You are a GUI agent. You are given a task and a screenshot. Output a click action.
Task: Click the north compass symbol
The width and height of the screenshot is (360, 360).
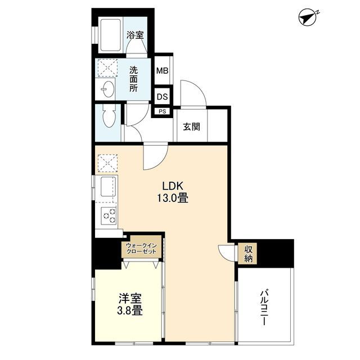(x=308, y=17)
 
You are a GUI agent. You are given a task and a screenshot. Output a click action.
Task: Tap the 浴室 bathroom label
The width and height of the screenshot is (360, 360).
(x=135, y=35)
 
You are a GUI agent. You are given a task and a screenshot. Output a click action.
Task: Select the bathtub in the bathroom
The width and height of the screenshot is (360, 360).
(x=110, y=35)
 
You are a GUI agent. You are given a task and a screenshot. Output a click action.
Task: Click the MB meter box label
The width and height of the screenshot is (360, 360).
(x=163, y=70)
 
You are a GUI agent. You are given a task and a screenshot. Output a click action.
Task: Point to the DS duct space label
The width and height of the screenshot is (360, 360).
(x=163, y=97)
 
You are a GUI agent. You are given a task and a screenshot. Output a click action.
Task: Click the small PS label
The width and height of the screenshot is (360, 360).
(x=163, y=111)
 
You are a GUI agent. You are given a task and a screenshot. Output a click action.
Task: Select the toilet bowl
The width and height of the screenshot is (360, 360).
(x=109, y=116)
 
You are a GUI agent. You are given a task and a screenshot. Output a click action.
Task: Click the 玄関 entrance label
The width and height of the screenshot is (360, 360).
(x=191, y=127)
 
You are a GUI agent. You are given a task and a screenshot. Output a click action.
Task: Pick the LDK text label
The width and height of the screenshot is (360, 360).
(x=173, y=186)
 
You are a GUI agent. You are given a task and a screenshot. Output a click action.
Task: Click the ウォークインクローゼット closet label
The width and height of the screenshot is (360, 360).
(x=141, y=249)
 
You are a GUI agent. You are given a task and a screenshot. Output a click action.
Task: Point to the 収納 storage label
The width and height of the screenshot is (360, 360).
(x=248, y=254)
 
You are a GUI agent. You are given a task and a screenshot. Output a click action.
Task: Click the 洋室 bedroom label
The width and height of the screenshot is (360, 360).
(x=130, y=299)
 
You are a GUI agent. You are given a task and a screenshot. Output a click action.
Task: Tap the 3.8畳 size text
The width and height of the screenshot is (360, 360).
(x=130, y=311)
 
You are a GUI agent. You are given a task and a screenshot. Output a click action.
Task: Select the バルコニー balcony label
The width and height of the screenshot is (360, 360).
(x=264, y=308)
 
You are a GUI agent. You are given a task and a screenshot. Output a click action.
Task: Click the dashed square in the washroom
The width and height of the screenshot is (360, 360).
(x=107, y=67)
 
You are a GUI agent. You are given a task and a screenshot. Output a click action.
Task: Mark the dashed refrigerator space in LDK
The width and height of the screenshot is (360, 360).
(x=107, y=163)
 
